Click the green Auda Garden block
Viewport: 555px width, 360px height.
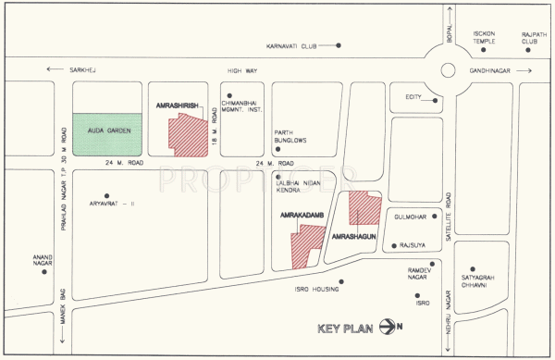pos(107,133)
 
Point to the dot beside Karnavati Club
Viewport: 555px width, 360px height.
pos(339,44)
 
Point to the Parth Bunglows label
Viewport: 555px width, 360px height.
pos(290,136)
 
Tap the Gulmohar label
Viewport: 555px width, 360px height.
pos(410,216)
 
